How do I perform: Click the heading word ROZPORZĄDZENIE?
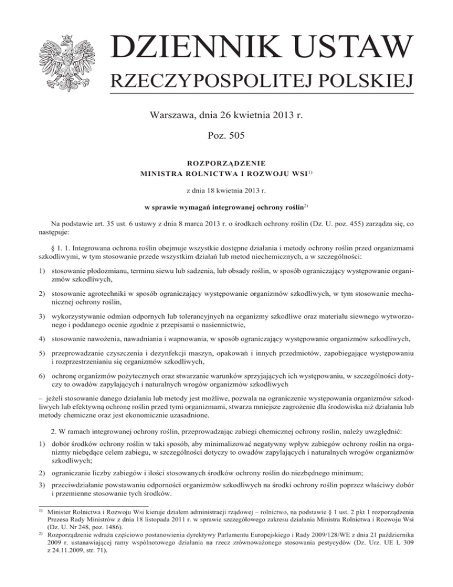click(x=226, y=161)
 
